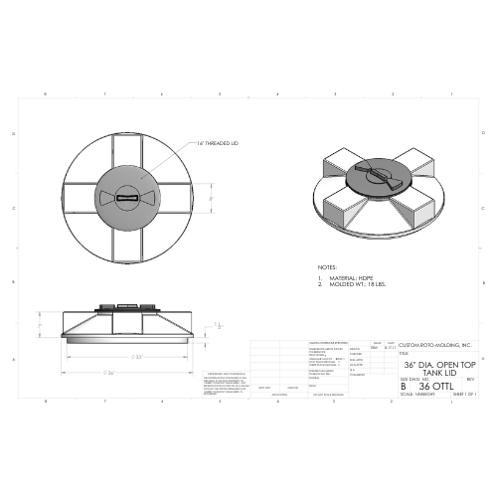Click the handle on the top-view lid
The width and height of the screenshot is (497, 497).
(129, 198)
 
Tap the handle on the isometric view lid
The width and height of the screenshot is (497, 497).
(382, 178)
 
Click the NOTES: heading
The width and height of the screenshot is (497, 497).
(327, 267)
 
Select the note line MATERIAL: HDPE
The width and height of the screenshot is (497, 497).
(344, 277)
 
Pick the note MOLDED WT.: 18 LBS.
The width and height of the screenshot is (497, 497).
(347, 284)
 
